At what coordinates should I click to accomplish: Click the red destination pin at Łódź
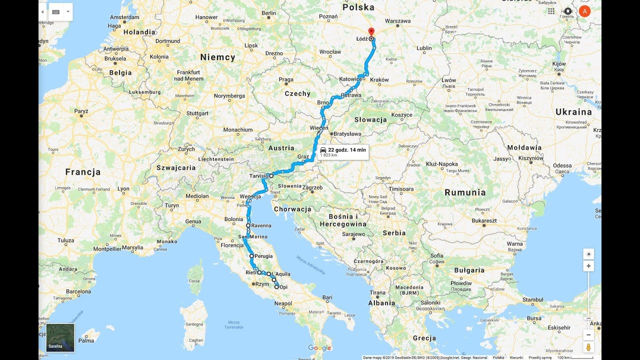tap(370, 31)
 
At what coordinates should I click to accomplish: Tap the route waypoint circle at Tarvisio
tap(271, 176)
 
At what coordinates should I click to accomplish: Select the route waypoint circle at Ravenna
tap(248, 225)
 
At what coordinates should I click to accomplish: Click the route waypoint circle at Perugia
tap(251, 256)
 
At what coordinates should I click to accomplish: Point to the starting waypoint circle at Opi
tap(277, 287)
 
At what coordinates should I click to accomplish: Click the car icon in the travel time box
tap(323, 150)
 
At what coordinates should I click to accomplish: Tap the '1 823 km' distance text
tap(328, 155)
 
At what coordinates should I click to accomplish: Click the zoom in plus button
tap(588, 266)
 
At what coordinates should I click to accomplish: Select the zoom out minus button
tap(588, 334)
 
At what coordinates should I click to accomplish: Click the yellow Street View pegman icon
tap(588, 346)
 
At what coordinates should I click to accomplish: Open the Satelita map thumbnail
tap(60, 337)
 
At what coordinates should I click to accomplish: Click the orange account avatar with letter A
tap(584, 11)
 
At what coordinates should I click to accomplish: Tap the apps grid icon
tap(551, 11)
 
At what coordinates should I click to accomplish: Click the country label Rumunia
tap(465, 192)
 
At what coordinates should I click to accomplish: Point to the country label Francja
tap(83, 172)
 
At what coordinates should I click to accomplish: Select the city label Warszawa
tap(398, 21)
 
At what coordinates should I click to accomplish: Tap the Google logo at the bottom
tap(319, 348)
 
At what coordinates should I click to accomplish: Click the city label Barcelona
tap(79, 291)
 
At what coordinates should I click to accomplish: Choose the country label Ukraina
tap(573, 112)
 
